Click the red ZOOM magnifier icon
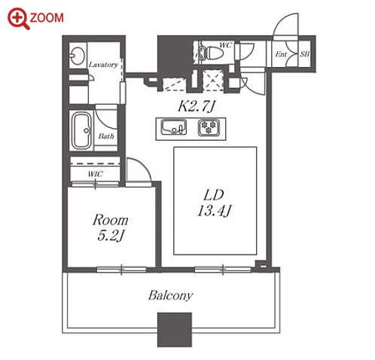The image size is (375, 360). coord(17,18)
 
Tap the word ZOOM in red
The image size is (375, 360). coord(47,18)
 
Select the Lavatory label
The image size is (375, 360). coord(103,65)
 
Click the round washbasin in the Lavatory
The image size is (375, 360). coord(77,55)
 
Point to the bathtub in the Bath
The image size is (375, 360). coord(81,130)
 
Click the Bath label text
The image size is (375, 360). coord(106,136)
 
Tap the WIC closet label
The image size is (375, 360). coord(96,174)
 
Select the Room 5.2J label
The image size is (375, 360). coord(111,227)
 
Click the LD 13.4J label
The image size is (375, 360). coord(214,203)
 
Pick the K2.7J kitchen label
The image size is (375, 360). coord(197,106)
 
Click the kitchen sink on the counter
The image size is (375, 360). coord(174,127)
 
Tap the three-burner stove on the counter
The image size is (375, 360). coord(209,127)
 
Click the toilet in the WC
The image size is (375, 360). coord(211,53)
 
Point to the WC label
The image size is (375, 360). coord(225,45)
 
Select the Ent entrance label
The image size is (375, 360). coord(281,54)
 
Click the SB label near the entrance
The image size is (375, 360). coord(304,53)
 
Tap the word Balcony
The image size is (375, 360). coord(171,295)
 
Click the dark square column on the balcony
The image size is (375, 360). coord(175,330)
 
